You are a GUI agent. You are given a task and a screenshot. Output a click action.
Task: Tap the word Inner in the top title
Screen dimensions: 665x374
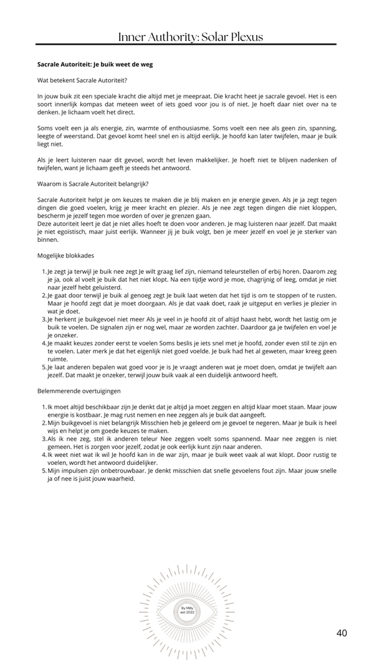(132, 37)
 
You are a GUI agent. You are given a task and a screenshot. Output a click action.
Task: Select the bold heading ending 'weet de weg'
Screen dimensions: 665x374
(95, 64)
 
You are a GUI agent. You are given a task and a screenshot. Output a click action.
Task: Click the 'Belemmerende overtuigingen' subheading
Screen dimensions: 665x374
(79, 391)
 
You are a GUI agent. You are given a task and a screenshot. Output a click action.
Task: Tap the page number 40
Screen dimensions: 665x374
(342, 633)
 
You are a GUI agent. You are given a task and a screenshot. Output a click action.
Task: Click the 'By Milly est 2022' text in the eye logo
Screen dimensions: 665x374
(187, 610)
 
